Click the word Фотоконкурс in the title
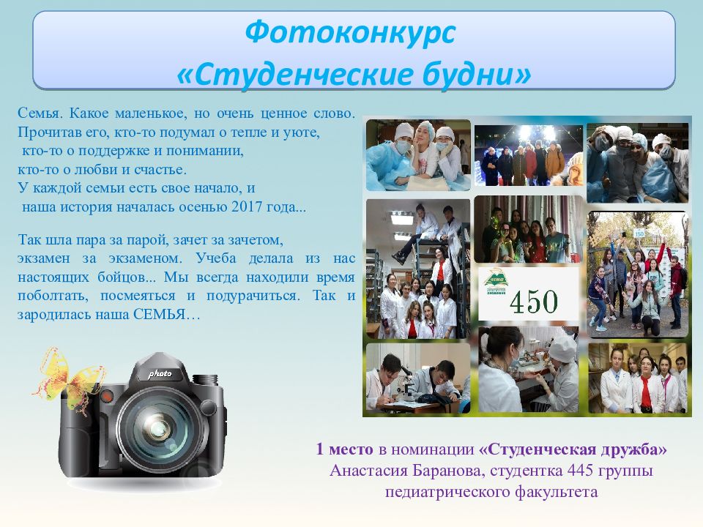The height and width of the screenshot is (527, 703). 350,32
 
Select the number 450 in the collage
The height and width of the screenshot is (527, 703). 533,301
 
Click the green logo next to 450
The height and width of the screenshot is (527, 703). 495,285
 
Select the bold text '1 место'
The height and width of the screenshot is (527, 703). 345,449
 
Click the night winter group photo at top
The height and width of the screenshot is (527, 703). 526,156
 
